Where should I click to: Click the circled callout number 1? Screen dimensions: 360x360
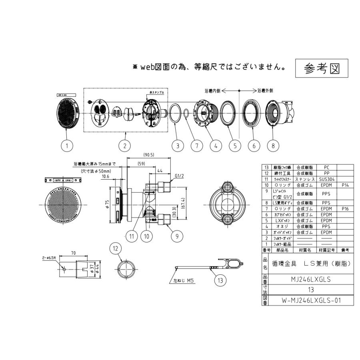[67, 146]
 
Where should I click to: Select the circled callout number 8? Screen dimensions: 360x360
[273, 146]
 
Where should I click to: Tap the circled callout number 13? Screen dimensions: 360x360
[220, 280]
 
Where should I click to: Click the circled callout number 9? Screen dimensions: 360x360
[174, 236]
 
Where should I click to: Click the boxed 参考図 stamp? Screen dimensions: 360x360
[322, 68]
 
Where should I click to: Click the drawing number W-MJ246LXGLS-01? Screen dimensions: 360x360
[305, 300]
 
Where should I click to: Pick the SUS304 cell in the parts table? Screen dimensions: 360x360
[326, 180]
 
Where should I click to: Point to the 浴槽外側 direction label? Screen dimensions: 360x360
[265, 90]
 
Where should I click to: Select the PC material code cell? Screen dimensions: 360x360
[326, 167]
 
